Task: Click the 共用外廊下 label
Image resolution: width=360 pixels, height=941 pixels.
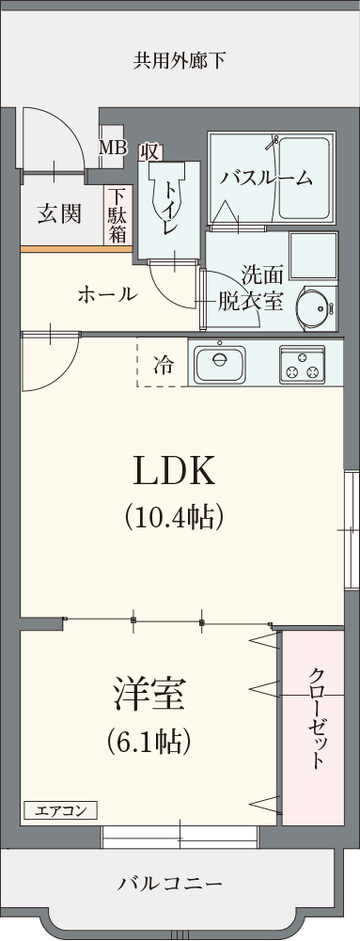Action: [179, 62]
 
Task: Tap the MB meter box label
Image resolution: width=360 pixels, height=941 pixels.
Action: [113, 148]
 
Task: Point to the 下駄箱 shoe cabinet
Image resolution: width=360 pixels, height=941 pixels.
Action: [117, 215]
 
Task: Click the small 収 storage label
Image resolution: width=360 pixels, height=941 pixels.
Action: [149, 151]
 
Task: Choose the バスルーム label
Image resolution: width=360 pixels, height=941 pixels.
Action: [266, 178]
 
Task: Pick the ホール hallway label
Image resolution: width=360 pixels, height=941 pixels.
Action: [106, 294]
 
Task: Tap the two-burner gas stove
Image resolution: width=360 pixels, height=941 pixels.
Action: [302, 364]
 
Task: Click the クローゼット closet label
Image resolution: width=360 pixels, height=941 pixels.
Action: [317, 718]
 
